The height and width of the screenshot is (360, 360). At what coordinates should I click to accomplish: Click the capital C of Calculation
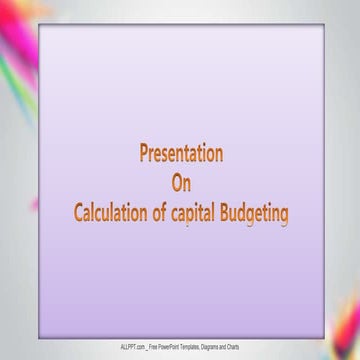coord(80,211)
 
